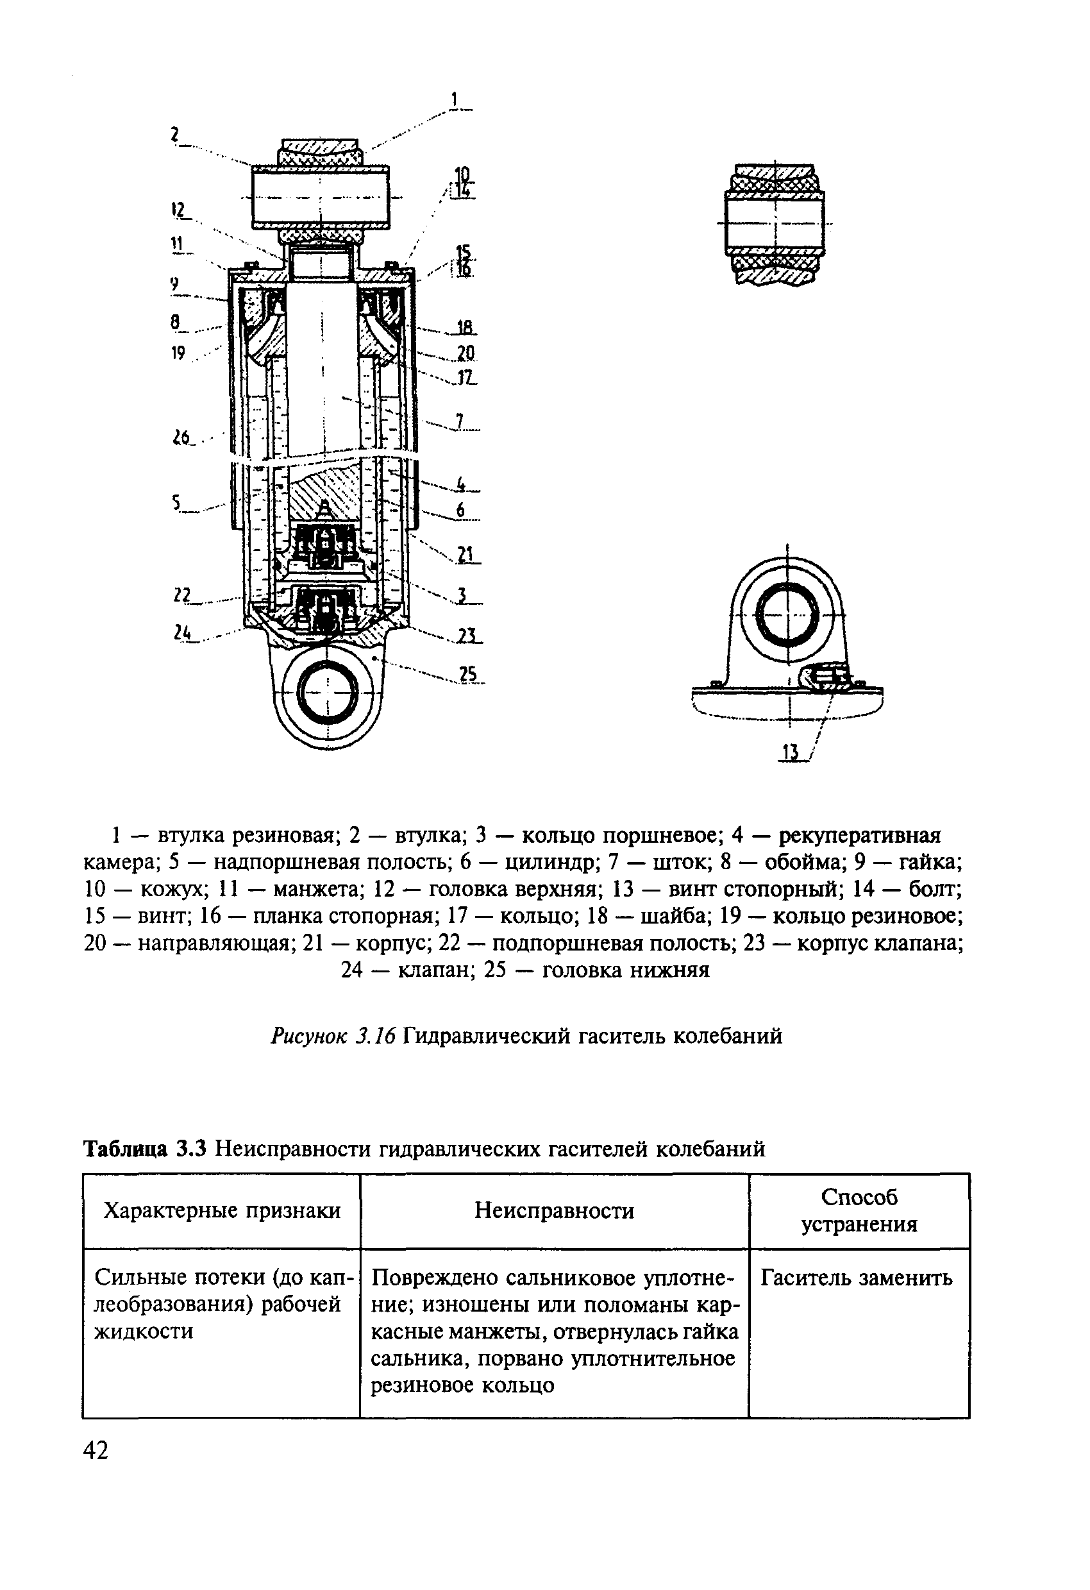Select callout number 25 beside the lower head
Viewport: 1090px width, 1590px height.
[469, 674]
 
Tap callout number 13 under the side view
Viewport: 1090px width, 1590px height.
[791, 753]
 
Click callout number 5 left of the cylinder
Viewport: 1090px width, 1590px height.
[176, 504]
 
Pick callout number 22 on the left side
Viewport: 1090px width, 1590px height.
[181, 595]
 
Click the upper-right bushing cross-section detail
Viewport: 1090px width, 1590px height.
[775, 225]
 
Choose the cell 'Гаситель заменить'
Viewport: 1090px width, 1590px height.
[856, 1278]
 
